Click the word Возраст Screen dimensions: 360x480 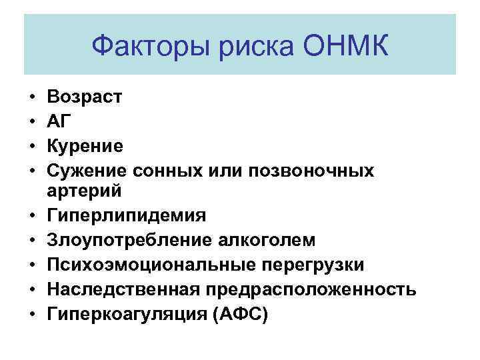pyautogui.click(x=85, y=97)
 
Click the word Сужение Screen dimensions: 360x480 pyautogui.click(x=85, y=169)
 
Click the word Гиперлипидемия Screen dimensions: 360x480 pyautogui.click(x=127, y=216)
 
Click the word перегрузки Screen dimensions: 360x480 pyautogui.click(x=315, y=265)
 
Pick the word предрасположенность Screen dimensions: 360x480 pyautogui.click(x=312, y=289)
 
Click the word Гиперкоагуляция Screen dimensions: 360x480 pyautogui.click(x=125, y=313)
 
